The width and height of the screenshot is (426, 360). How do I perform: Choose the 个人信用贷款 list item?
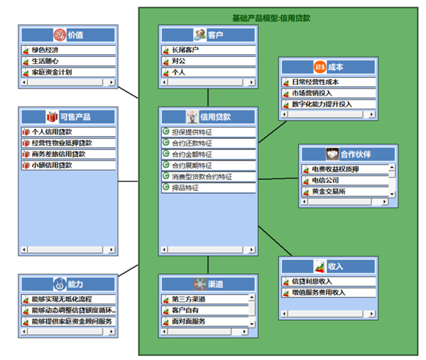click(x=52, y=132)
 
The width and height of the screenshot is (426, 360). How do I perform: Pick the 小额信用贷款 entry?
click(x=52, y=165)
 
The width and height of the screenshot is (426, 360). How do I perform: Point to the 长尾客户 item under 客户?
click(x=185, y=50)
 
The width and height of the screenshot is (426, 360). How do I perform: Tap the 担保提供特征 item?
click(x=192, y=131)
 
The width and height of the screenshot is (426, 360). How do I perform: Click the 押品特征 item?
click(x=186, y=188)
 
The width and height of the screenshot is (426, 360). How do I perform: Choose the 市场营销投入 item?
click(x=312, y=93)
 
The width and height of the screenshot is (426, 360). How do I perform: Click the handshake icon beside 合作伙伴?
click(x=332, y=154)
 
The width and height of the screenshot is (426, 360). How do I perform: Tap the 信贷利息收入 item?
click(x=312, y=281)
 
